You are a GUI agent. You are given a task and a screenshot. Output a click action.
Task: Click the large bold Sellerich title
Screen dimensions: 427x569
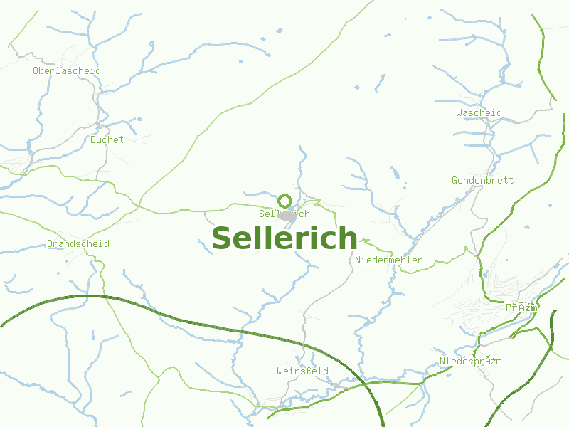pyautogui.click(x=284, y=238)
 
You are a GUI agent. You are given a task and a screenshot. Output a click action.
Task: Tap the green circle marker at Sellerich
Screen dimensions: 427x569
pyautogui.click(x=285, y=201)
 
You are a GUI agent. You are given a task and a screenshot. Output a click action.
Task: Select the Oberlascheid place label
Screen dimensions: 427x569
pyautogui.click(x=67, y=70)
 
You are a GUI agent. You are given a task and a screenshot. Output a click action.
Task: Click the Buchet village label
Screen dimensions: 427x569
pyautogui.click(x=107, y=139)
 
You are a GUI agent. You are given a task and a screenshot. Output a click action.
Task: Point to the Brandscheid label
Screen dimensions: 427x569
pyautogui.click(x=78, y=244)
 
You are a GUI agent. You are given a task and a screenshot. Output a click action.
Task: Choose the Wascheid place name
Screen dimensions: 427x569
pyautogui.click(x=479, y=112)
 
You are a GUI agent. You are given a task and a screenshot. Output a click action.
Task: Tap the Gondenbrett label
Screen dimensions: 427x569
pyautogui.click(x=482, y=180)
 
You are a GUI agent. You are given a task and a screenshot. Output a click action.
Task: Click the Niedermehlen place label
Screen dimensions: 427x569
pyautogui.click(x=389, y=260)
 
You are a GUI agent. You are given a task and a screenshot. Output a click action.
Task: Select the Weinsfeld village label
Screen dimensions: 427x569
pyautogui.click(x=302, y=371)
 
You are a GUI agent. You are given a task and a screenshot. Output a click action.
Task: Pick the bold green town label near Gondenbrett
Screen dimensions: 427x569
pyautogui.click(x=521, y=307)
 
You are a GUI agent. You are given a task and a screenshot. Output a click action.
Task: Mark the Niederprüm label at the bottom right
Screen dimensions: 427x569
pyautogui.click(x=471, y=361)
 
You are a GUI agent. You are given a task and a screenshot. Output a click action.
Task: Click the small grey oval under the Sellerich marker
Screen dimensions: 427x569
pyautogui.click(x=287, y=215)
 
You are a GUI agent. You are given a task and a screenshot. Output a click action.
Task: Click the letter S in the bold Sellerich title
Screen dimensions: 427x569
pyautogui.click(x=223, y=238)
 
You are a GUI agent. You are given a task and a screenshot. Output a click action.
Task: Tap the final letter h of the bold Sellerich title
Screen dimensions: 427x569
pyautogui.click(x=347, y=238)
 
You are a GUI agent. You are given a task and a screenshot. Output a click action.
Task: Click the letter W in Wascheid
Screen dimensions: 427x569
pyautogui.click(x=459, y=112)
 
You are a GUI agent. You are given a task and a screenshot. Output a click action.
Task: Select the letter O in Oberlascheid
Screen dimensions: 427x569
pyautogui.click(x=36, y=70)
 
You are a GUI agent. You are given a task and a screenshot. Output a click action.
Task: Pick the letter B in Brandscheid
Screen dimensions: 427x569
pyautogui.click(x=50, y=244)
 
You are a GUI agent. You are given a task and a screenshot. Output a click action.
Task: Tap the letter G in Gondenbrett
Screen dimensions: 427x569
pyautogui.click(x=454, y=180)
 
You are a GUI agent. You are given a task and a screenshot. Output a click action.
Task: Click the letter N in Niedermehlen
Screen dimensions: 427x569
pyautogui.click(x=358, y=260)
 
